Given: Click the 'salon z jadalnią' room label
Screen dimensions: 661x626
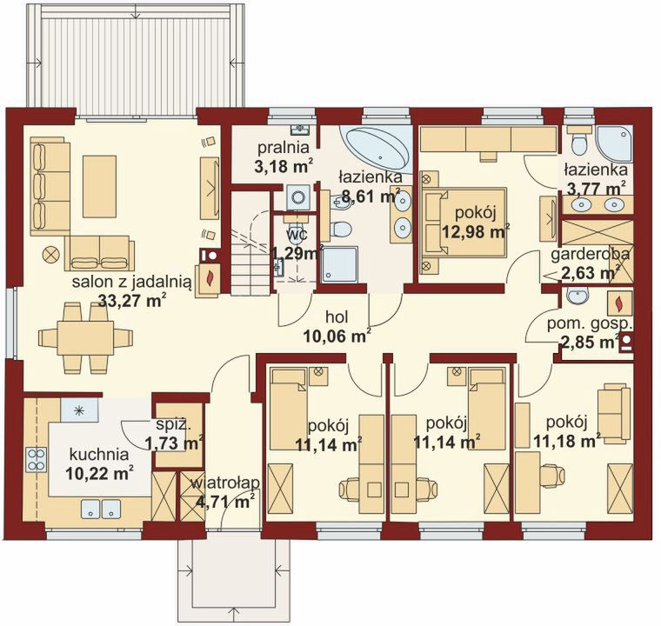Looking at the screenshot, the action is (132, 282).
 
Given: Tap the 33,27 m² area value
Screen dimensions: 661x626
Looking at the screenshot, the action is (131, 300).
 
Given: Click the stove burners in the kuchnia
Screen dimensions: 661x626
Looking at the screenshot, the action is (37, 459).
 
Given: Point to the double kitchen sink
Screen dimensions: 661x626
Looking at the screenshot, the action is (101, 508).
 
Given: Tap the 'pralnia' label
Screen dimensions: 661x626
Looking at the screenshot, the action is (284, 149).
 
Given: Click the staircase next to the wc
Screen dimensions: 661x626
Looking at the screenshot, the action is (250, 244).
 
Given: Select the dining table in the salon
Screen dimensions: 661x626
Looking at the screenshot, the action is (85, 337).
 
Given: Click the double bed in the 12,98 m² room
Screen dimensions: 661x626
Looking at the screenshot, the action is (463, 223).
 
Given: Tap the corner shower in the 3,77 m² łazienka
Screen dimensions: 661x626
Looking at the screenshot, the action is (615, 143).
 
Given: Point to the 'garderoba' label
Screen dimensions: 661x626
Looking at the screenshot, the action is (591, 255).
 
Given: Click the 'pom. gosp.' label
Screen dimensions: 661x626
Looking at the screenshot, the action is (590, 324).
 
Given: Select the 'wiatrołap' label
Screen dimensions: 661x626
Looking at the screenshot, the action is (224, 483).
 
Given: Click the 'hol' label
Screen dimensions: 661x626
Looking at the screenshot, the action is (337, 317).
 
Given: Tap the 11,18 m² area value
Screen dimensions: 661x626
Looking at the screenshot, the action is (567, 441).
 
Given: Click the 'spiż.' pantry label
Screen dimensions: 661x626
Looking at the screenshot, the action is (173, 425).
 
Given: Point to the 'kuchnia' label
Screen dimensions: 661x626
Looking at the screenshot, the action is (99, 456).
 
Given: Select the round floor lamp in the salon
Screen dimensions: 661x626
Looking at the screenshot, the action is (50, 255).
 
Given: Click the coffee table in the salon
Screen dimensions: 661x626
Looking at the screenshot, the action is (99, 186).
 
